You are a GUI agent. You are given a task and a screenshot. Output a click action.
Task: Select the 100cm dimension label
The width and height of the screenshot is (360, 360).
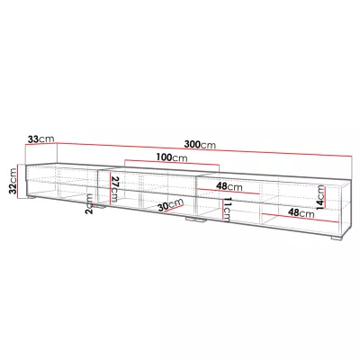click(x=163, y=157)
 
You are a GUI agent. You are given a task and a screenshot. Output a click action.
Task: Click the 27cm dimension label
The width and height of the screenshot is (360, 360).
click(x=115, y=189)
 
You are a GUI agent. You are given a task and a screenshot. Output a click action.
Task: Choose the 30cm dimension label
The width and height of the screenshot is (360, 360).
click(x=164, y=206)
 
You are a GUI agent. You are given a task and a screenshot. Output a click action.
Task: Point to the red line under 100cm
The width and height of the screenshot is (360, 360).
click(x=163, y=164)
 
